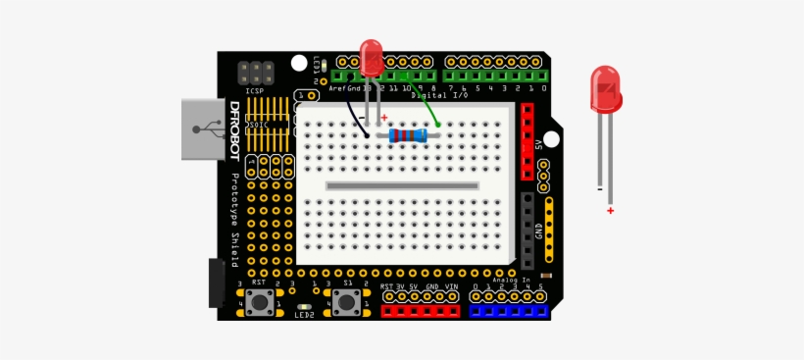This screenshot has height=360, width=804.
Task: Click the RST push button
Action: [260, 301]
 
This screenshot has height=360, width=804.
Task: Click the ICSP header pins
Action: [255, 73]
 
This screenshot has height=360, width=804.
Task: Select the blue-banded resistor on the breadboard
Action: [408, 135]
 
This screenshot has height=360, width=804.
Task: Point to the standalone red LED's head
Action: [605, 89]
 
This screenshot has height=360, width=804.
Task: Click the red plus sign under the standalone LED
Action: [610, 210]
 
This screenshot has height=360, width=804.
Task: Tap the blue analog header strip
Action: [508, 310]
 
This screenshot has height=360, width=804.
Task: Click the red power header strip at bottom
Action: [420, 310]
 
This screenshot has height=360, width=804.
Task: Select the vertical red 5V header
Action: [528, 142]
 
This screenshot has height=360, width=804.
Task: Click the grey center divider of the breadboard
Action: [402, 185]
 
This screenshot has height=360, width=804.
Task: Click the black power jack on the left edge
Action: [215, 283]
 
